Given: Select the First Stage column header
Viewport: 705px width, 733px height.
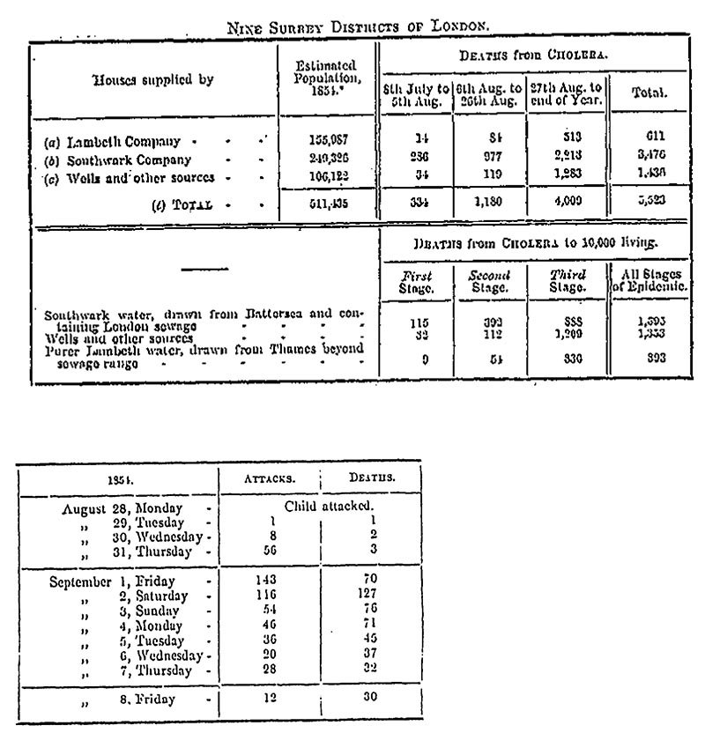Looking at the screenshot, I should pyautogui.click(x=416, y=281).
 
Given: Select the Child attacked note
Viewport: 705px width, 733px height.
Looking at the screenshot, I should pyautogui.click(x=318, y=507).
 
